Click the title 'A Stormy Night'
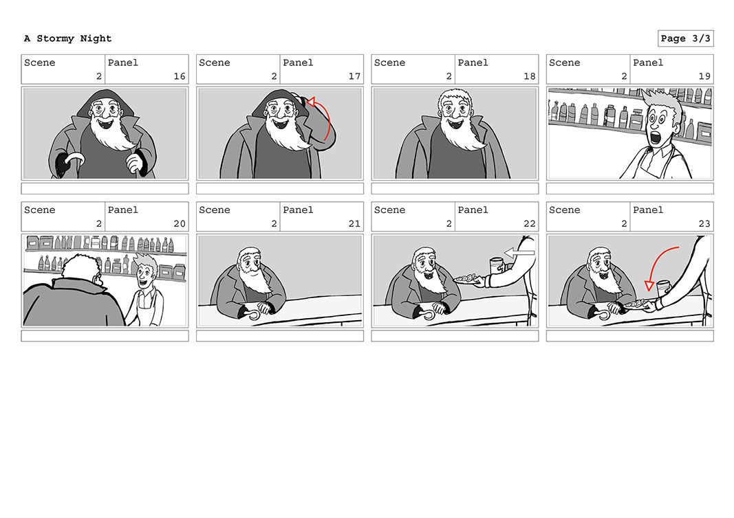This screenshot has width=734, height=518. pyautogui.click(x=68, y=38)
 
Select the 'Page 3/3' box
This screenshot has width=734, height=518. pyautogui.click(x=686, y=38)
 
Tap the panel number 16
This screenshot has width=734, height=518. pyautogui.click(x=180, y=76)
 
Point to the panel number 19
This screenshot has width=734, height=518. pyautogui.click(x=704, y=76)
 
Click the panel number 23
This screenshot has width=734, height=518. pyautogui.click(x=704, y=223)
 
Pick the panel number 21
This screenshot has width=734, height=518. pyautogui.click(x=354, y=223)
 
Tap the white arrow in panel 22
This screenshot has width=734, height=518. pyautogui.click(x=519, y=253)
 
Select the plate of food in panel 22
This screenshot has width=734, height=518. pyautogui.click(x=466, y=280)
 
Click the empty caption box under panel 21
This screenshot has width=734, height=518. pyautogui.click(x=280, y=336)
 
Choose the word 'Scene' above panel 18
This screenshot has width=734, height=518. pyautogui.click(x=389, y=63)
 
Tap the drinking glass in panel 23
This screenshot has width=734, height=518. pyautogui.click(x=663, y=288)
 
